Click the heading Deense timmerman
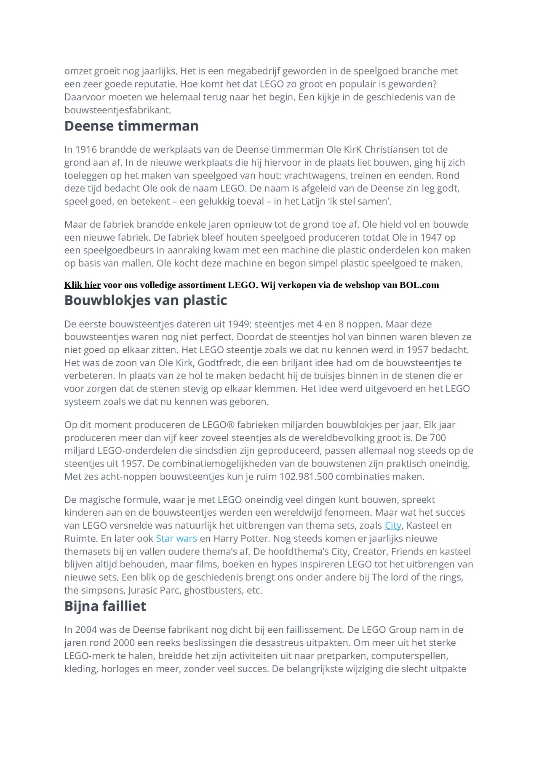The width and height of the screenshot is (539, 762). (x=131, y=126)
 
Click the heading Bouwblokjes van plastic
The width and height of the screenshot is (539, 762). (x=145, y=300)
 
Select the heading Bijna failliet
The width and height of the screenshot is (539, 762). (x=105, y=606)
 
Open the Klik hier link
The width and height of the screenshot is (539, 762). (x=82, y=285)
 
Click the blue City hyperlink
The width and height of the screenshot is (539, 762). (x=392, y=525)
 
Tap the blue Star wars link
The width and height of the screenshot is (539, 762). (x=176, y=538)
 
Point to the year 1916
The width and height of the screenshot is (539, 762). (x=86, y=149)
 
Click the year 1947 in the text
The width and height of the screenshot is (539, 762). (x=431, y=237)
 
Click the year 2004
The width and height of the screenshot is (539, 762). (x=86, y=630)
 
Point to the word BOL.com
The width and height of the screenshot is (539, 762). (x=419, y=285)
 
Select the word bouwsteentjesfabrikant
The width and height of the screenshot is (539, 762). (x=117, y=110)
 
